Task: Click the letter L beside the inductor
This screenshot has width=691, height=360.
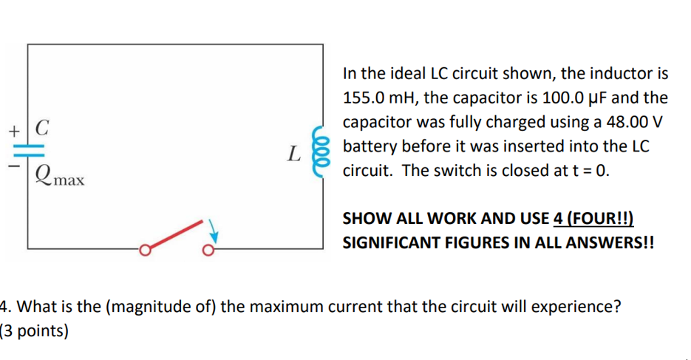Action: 294,154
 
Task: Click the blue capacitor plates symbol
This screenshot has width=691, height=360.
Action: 29,149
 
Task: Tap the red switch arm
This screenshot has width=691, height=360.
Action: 174,234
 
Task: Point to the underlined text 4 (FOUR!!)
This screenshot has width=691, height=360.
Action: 593,219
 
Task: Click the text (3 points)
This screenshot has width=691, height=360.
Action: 35,330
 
